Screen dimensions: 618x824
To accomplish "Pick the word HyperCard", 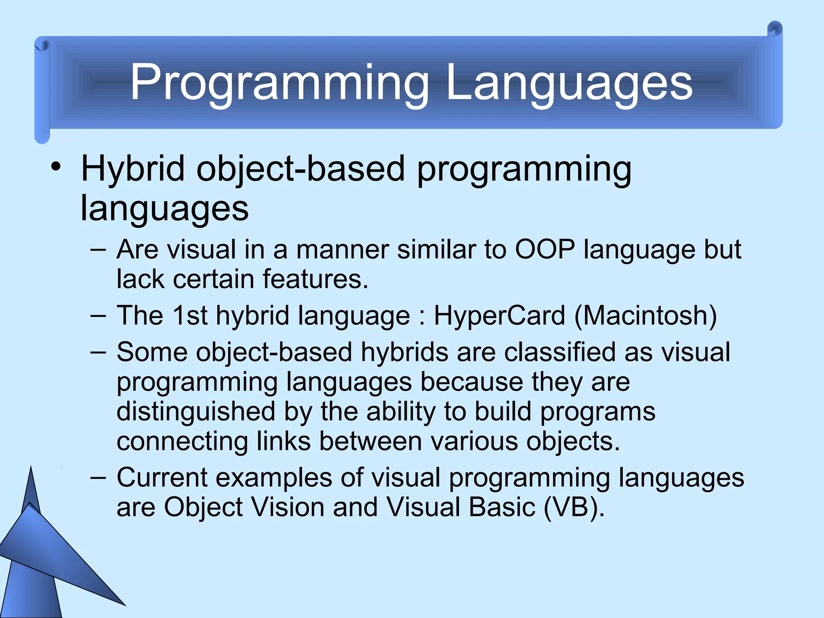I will coord(499,315).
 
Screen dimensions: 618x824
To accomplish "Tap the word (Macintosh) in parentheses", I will coord(645,315).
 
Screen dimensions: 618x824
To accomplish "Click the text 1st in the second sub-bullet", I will coord(190,315).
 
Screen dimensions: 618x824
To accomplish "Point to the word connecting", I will coord(182,442).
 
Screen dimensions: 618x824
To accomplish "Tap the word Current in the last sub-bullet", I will coord(162,478).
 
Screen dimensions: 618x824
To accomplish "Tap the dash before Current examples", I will coord(98,478).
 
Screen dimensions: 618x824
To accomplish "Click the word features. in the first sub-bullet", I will coord(315,279).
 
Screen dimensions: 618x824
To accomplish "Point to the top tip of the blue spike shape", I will coord(31,468).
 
